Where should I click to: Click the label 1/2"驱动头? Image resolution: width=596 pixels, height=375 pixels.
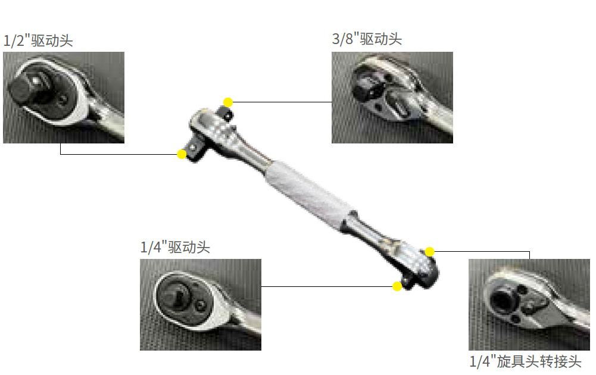tap(38, 40)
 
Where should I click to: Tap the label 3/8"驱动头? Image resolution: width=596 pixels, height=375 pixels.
tap(367, 39)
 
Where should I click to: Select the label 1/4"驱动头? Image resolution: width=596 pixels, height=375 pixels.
tap(175, 248)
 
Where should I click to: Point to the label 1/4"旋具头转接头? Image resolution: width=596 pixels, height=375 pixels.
tap(525, 361)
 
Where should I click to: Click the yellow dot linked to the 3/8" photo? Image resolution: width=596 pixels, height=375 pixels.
tap(228, 102)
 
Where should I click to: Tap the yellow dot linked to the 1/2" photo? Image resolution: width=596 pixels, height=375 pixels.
tap(182, 154)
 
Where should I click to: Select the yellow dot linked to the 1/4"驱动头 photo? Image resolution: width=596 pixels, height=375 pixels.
tap(397, 286)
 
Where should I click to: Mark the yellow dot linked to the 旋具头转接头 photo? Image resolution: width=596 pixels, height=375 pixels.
tap(430, 252)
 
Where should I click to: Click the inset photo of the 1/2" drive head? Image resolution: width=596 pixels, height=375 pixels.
tap(64, 98)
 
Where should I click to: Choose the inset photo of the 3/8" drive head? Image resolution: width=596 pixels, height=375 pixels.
tap(392, 98)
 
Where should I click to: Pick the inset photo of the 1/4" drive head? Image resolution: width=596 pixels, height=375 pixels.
tap(201, 305)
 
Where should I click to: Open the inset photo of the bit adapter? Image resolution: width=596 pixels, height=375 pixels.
tap(529, 305)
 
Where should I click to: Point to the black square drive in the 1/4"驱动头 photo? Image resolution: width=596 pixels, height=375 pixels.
tap(177, 296)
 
